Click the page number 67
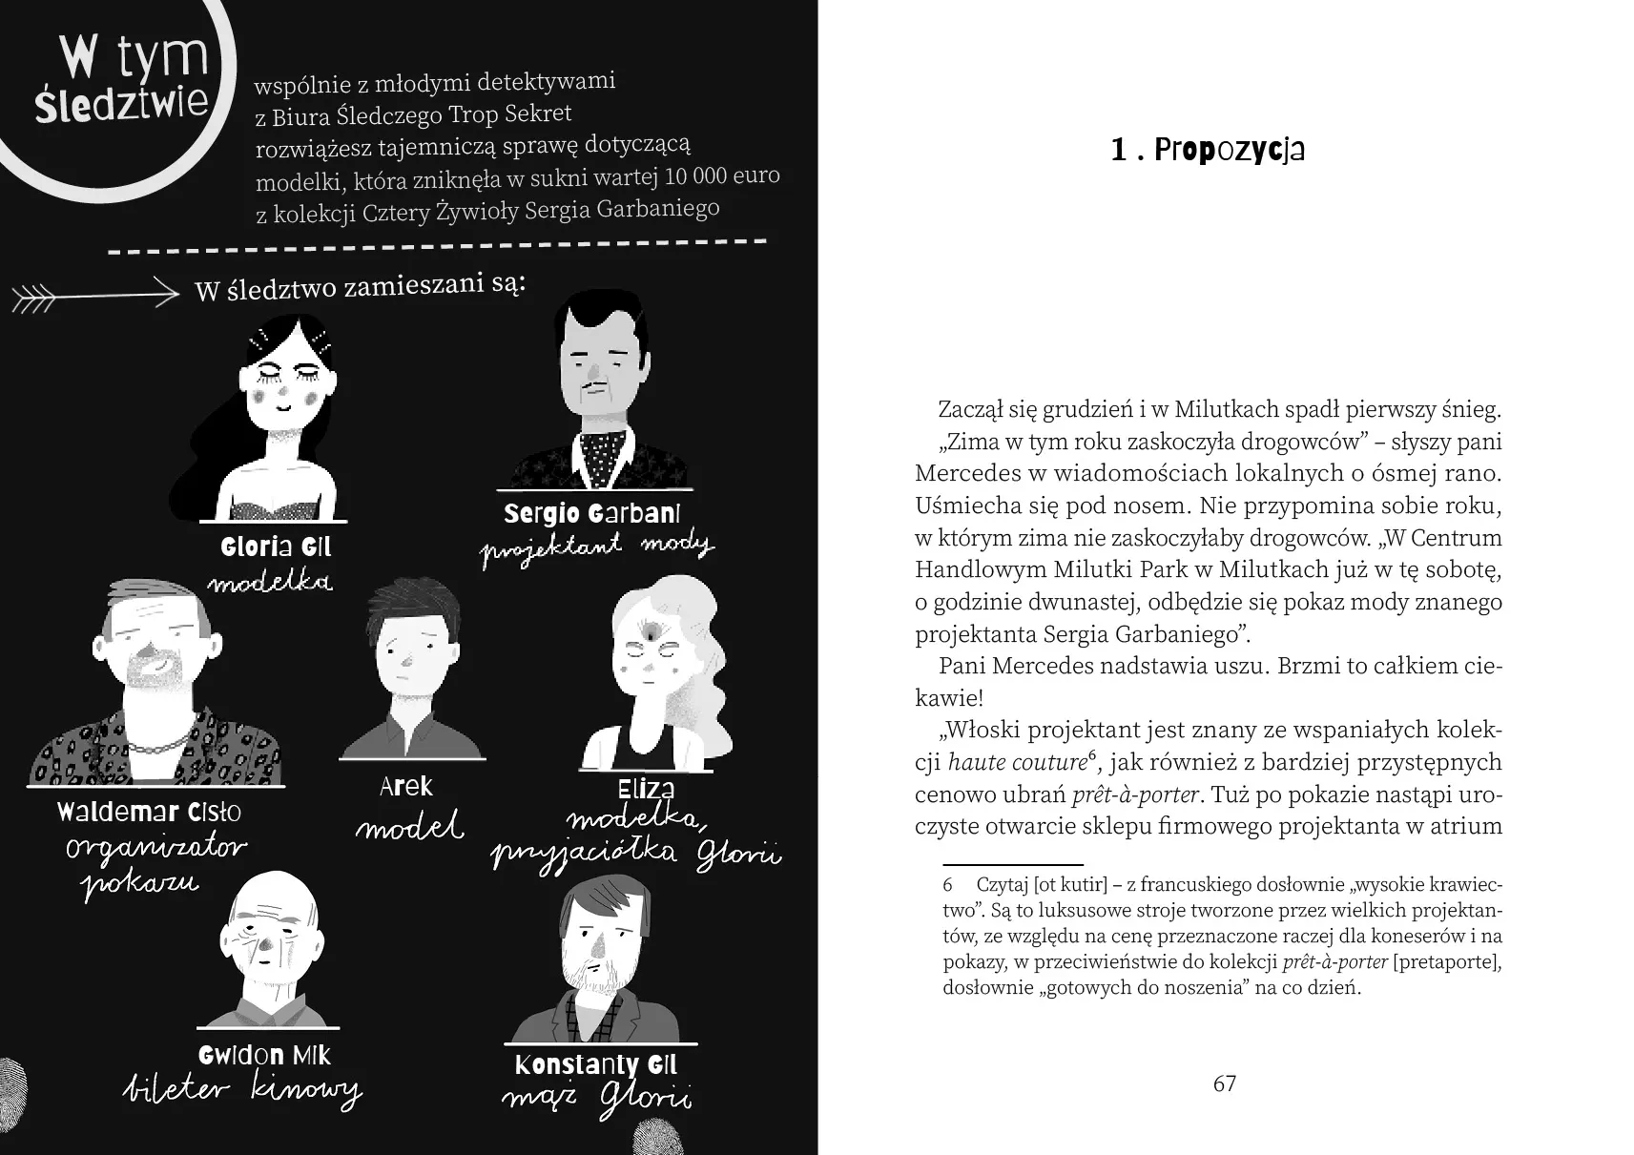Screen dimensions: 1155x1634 click(x=1224, y=1083)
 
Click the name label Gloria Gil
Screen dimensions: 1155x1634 click(x=276, y=547)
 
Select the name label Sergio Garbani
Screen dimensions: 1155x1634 click(x=591, y=514)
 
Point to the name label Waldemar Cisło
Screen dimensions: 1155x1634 click(x=149, y=812)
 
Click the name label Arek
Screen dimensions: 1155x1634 click(x=406, y=787)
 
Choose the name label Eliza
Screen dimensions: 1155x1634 click(x=646, y=789)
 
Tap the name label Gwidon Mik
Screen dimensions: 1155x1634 click(x=264, y=1055)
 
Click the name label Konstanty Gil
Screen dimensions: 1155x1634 click(x=595, y=1064)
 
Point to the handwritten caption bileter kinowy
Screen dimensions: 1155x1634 click(x=243, y=1090)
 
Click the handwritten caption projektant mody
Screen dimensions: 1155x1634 click(x=596, y=548)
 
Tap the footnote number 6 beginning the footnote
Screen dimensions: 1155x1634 click(x=948, y=885)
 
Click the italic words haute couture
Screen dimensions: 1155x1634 click(x=1017, y=762)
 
